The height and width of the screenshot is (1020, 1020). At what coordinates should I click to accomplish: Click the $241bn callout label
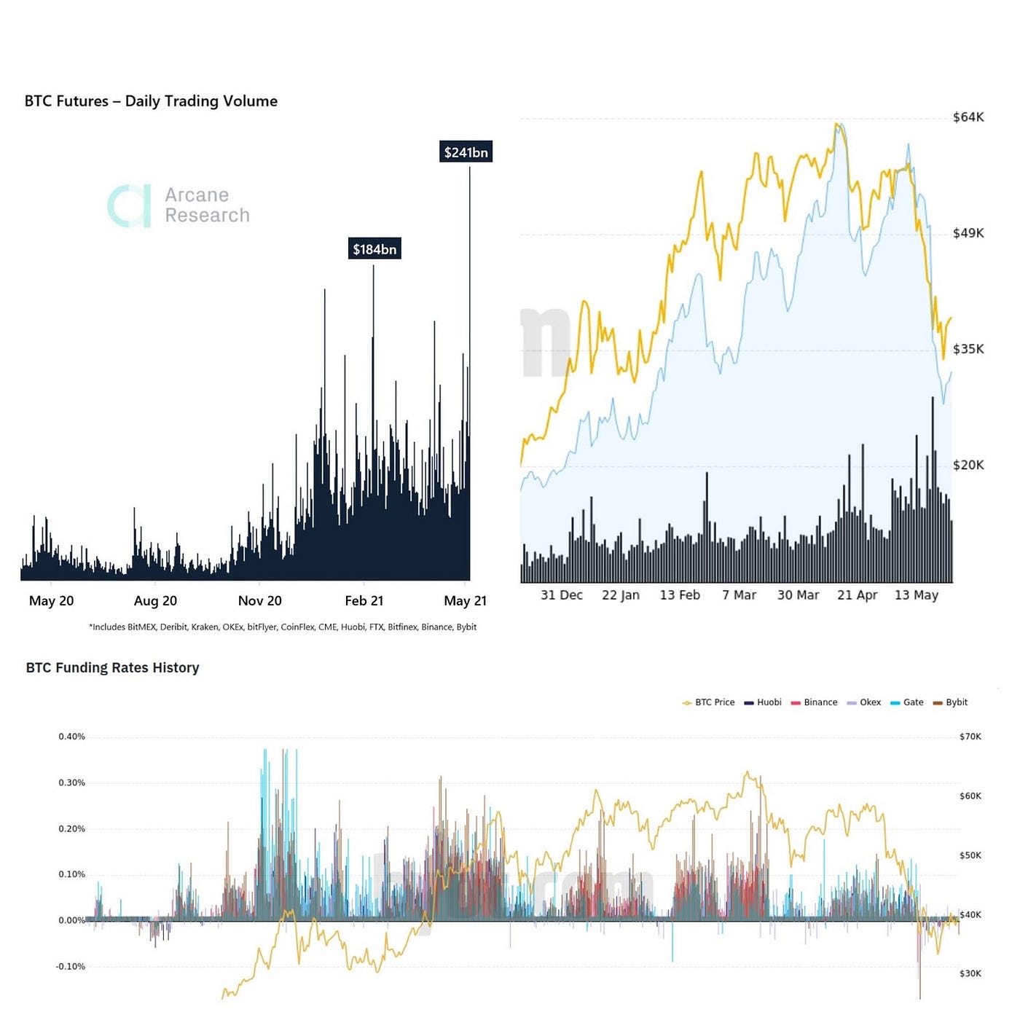point(466,152)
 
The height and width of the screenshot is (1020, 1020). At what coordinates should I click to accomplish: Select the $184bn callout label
point(374,249)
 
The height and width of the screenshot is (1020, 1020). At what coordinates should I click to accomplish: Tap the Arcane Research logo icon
point(130,206)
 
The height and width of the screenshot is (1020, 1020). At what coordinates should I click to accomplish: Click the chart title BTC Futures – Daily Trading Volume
point(151,101)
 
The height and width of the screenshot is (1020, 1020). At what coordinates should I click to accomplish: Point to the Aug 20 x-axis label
point(155,601)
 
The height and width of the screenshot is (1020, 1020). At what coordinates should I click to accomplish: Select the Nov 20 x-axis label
point(259,601)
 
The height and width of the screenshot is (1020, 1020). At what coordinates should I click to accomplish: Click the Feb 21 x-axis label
point(364,601)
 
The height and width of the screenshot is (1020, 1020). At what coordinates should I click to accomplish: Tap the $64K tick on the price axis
point(968,117)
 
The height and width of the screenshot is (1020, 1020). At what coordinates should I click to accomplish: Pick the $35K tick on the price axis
point(968,349)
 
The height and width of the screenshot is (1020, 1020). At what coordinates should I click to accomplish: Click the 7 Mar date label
point(739,595)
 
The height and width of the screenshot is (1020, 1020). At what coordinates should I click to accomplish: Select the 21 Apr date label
point(857,595)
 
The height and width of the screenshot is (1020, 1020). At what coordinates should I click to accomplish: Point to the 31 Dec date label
point(561,595)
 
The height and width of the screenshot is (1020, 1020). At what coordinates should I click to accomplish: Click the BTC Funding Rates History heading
point(112,667)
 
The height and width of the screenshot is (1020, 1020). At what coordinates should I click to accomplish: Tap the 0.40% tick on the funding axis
point(71,737)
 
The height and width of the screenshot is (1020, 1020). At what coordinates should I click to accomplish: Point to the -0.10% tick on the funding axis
point(70,967)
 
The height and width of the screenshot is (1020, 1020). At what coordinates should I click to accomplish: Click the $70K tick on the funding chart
point(970,737)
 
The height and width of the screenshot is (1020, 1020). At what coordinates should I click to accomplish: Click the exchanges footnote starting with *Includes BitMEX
point(283,627)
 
